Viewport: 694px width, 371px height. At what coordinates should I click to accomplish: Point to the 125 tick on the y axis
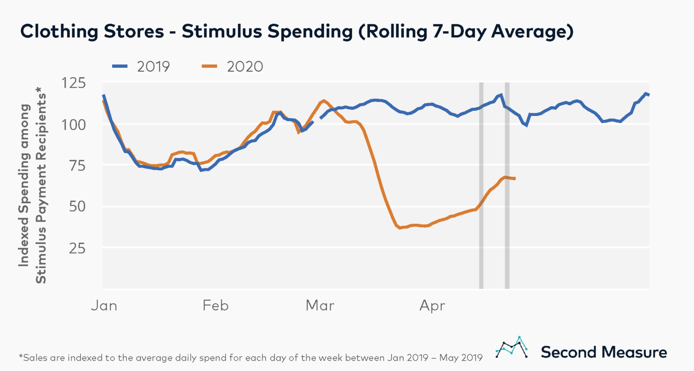pyautogui.click(x=74, y=83)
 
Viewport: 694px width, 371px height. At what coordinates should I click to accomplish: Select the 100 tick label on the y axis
pyautogui.click(x=74, y=124)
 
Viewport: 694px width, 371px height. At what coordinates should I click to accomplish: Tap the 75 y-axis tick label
pyautogui.click(x=76, y=165)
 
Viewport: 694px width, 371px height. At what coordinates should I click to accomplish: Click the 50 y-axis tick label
pyautogui.click(x=76, y=206)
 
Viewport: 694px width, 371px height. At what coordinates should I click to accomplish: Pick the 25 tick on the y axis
pyautogui.click(x=76, y=248)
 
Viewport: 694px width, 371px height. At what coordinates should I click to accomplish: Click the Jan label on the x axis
pyautogui.click(x=104, y=306)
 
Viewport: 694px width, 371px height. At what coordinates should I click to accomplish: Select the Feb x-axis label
pyautogui.click(x=216, y=306)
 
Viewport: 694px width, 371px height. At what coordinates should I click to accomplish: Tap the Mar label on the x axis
pyautogui.click(x=320, y=306)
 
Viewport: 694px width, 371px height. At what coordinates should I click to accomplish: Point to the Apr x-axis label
pyautogui.click(x=432, y=306)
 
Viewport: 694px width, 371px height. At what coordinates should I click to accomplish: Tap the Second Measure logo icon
pyautogui.click(x=511, y=348)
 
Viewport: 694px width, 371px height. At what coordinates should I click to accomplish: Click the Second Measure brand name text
pyautogui.click(x=604, y=352)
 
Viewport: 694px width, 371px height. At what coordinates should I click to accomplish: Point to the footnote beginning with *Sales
pyautogui.click(x=251, y=358)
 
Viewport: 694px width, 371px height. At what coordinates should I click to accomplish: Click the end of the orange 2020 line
pyautogui.click(x=515, y=179)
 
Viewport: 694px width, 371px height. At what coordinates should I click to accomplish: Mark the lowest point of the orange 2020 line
pyautogui.click(x=399, y=228)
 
